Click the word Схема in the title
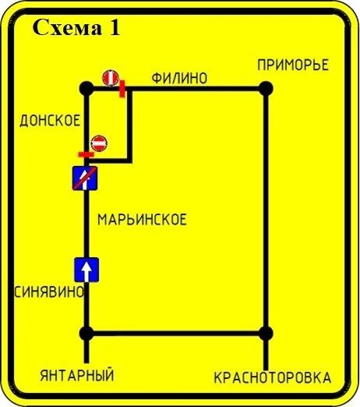pyautogui.click(x=67, y=27)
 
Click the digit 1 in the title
pyautogui.click(x=115, y=27)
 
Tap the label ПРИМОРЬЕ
pyautogui.click(x=293, y=65)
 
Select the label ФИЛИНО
pyautogui.click(x=179, y=78)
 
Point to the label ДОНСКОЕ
pyautogui.click(x=50, y=121)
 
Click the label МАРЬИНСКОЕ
pyautogui.click(x=142, y=220)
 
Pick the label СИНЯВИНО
pyautogui.click(x=49, y=292)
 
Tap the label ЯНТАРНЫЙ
pyautogui.click(x=77, y=375)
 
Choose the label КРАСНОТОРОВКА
pyautogui.click(x=273, y=377)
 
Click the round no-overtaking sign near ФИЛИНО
pyautogui.click(x=111, y=78)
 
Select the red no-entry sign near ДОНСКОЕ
pyautogui.click(x=99, y=143)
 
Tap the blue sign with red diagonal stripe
pyautogui.click(x=85, y=178)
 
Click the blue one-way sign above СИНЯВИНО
pyautogui.click(x=86, y=270)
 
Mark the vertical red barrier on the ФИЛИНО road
pyautogui.click(x=122, y=89)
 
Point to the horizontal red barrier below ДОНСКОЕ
pyautogui.click(x=86, y=154)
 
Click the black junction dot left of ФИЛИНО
pyautogui.click(x=86, y=89)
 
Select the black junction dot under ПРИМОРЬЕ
pyautogui.click(x=266, y=89)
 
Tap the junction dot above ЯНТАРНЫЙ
pyautogui.click(x=86, y=333)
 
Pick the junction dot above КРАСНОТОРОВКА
pyautogui.click(x=266, y=333)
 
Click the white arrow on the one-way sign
pyautogui.click(x=86, y=271)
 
